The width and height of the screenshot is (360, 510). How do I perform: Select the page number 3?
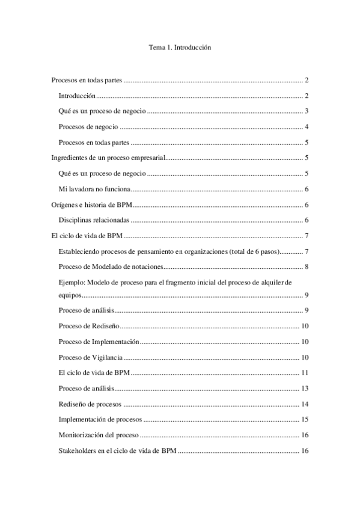coord(307,111)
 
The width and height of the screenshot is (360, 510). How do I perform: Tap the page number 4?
coord(307,127)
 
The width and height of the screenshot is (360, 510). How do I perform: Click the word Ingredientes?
coord(70,158)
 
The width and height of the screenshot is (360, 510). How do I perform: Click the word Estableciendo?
coord(80,252)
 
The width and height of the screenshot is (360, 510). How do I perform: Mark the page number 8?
coord(307,268)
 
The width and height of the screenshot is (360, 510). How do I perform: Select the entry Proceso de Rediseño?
coord(89,326)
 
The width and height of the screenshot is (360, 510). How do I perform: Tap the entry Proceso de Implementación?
coord(99,342)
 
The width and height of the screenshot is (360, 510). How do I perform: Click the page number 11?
coord(305,373)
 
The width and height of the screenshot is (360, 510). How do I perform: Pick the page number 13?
coord(305,389)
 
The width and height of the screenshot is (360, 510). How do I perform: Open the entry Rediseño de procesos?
coord(88,404)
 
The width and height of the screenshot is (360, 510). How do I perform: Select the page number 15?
coord(305,420)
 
